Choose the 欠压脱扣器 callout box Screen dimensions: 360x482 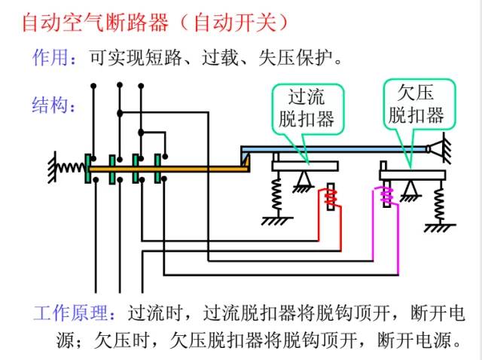(x=416, y=104)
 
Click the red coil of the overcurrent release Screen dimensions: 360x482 (x=330, y=200)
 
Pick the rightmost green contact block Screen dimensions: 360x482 (x=158, y=167)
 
